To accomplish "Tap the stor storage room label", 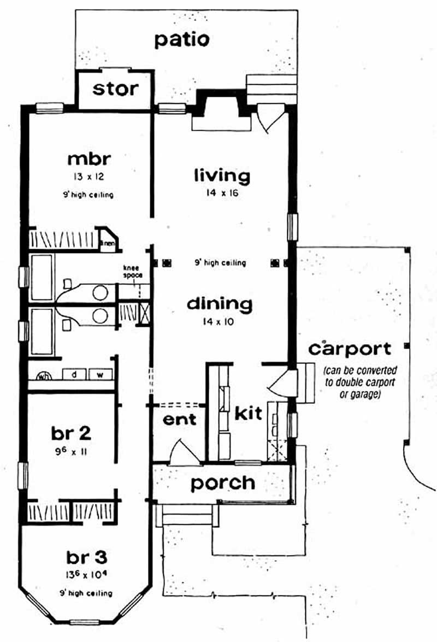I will tap(115, 89).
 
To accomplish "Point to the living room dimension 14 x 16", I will tap(222, 192).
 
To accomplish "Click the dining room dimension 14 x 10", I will tap(219, 322).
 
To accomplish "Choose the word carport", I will tap(350, 349).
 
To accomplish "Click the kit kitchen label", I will tap(249, 413).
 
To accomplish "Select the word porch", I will tap(222, 482).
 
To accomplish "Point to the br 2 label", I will tap(71, 433).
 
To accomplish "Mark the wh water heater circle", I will tap(43, 376).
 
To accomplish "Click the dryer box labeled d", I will tap(72, 375).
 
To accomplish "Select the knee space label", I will tap(132, 272).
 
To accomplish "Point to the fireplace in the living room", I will tap(218, 112).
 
